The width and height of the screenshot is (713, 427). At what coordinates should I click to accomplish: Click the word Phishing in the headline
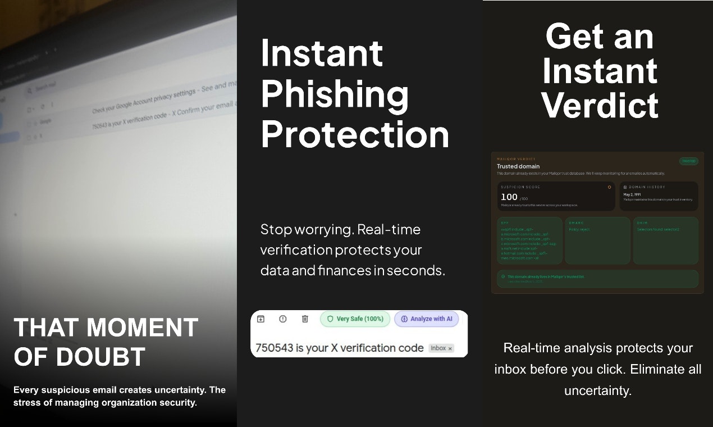(x=335, y=94)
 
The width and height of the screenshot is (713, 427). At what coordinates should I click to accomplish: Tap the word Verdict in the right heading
(x=600, y=105)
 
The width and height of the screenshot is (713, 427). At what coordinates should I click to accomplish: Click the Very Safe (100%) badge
(x=355, y=319)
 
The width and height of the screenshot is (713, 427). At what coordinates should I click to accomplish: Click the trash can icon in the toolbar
(x=305, y=319)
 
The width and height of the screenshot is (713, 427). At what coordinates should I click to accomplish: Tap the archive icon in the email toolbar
(x=260, y=319)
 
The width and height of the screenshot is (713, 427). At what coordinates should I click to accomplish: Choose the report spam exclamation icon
(x=283, y=319)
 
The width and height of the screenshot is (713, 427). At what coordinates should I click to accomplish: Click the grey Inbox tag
(x=441, y=348)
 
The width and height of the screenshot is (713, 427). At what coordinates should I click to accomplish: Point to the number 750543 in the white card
(x=274, y=348)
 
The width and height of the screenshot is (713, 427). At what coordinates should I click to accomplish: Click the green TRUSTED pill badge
(x=688, y=161)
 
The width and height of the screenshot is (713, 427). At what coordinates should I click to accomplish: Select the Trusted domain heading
(x=518, y=166)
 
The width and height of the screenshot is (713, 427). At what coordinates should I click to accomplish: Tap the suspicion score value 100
(x=509, y=197)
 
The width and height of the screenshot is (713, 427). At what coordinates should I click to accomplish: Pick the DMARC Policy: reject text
(x=579, y=230)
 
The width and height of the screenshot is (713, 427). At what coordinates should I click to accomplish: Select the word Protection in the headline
(x=355, y=135)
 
